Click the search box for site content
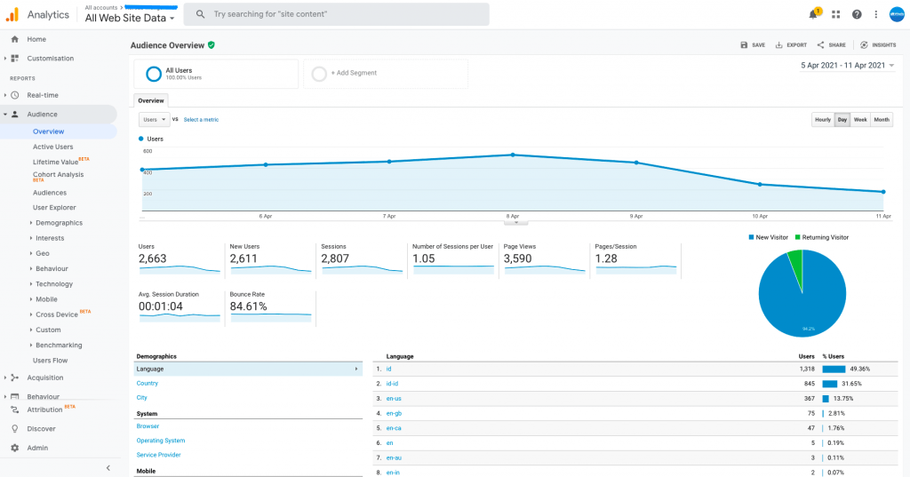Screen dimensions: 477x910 [x=338, y=14]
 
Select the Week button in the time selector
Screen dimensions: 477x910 [x=860, y=120]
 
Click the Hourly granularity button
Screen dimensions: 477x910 [x=823, y=120]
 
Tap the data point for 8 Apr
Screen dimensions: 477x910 [x=513, y=155]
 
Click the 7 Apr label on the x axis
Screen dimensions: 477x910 [x=389, y=216]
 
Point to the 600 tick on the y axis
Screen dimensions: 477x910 [x=147, y=151]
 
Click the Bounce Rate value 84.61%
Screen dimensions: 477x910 [x=249, y=306]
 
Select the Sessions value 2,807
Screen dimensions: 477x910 [x=335, y=258]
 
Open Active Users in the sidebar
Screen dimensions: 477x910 [x=53, y=147]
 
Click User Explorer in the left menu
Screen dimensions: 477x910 [x=54, y=207]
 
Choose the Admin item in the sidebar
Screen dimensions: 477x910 [x=37, y=448]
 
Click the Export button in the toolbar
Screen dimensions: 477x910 [x=791, y=44]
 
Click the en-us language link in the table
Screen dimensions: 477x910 [x=394, y=398]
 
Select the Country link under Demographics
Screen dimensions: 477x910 [x=148, y=383]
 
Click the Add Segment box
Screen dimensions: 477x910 [x=385, y=74]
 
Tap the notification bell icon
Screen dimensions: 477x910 [x=812, y=14]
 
